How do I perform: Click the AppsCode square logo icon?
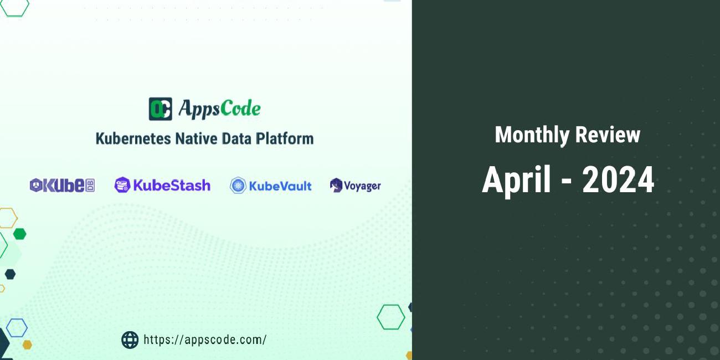coord(160,109)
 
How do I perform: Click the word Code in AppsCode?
coord(240,109)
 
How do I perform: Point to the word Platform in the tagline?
coord(284,138)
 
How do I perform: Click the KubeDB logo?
coord(62,186)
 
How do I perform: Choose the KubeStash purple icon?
coord(122,185)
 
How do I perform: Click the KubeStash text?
coord(172,185)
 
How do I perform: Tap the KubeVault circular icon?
coord(238,186)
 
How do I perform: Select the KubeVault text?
coord(280,186)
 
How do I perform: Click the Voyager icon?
coord(336,186)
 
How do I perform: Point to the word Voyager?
coord(362,186)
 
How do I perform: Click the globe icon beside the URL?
coord(130,340)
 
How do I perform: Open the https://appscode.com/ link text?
coord(205,340)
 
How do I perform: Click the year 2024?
coord(618,180)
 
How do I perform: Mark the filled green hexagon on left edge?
coord(19,234)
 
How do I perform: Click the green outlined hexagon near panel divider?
coord(390,317)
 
